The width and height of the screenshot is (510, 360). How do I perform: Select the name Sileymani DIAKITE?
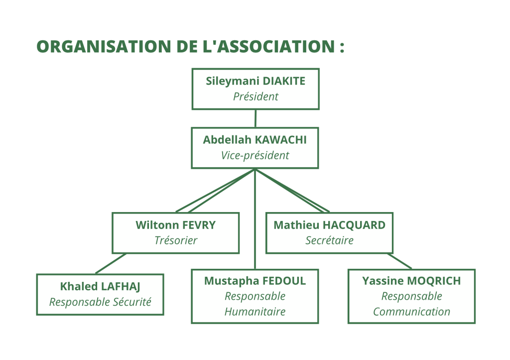coord(255,81)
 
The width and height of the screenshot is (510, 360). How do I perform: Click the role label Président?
coord(255,97)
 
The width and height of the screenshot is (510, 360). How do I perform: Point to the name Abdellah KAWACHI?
coord(255,140)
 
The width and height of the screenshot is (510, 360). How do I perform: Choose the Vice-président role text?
coord(255,155)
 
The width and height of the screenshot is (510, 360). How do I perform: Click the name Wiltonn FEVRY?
coord(176,225)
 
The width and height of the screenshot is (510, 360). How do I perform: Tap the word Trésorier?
coord(176,240)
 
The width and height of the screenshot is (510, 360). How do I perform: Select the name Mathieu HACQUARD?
coord(330,225)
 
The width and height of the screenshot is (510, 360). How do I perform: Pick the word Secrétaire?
coord(330,240)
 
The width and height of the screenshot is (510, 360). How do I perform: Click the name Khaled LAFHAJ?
coord(100,286)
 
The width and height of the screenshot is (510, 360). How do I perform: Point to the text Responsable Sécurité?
coord(100,302)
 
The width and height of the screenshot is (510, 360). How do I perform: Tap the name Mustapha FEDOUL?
coord(255,281)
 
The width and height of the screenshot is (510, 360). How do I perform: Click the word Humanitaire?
coord(255,312)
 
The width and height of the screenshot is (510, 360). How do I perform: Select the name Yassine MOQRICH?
coord(411,281)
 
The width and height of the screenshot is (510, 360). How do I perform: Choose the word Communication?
coord(411,312)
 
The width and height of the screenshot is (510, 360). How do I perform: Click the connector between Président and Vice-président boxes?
coord(255,119)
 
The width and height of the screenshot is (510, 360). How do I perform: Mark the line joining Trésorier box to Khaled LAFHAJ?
coord(111,263)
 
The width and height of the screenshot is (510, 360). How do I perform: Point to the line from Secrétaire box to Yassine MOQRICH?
coord(399,261)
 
